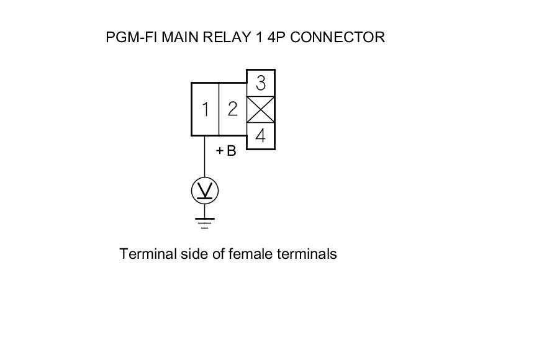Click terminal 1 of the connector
205,110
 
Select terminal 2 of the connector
233,110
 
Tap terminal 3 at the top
261,83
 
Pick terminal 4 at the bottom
261,136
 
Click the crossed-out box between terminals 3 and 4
261,110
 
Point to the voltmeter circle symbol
205,191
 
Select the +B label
226,151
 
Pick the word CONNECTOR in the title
338,37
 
